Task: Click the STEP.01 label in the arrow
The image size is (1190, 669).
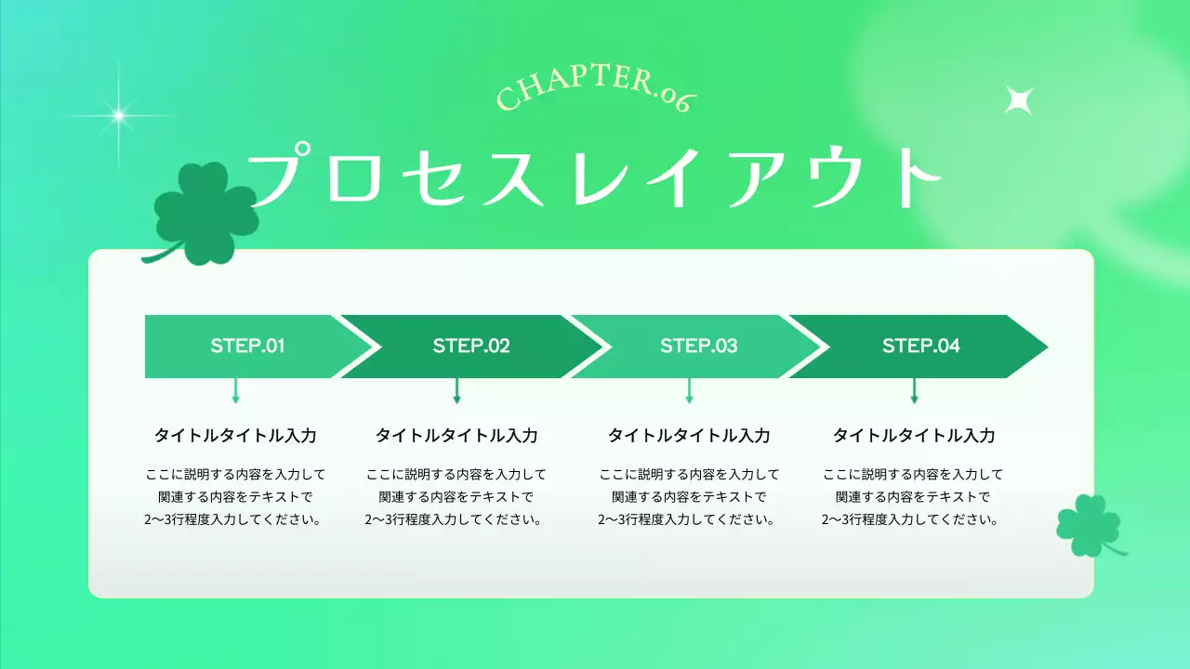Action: pos(247,347)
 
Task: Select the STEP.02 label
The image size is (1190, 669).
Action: pos(471,347)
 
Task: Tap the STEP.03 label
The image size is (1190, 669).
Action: pos(698,347)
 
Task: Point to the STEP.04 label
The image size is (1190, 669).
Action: pos(920,347)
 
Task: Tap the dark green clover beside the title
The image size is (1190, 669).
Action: pos(205,213)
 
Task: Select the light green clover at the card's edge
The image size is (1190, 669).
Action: pos(1086,525)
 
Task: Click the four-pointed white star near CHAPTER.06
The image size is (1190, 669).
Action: pos(1018,99)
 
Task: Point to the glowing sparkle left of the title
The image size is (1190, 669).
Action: pos(118,115)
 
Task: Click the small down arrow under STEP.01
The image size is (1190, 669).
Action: pos(235,391)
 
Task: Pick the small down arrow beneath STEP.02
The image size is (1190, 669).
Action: pos(456,391)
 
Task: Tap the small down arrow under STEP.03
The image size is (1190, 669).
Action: pos(689,391)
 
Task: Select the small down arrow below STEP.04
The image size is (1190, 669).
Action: pos(914,391)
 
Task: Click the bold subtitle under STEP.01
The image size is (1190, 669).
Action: pos(235,436)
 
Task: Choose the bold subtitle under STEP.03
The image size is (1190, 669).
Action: pos(689,436)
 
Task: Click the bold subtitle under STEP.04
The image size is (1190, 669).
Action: pos(913,436)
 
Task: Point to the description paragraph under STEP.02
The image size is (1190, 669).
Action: pos(456,497)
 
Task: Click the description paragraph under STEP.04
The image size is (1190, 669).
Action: pos(913,497)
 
